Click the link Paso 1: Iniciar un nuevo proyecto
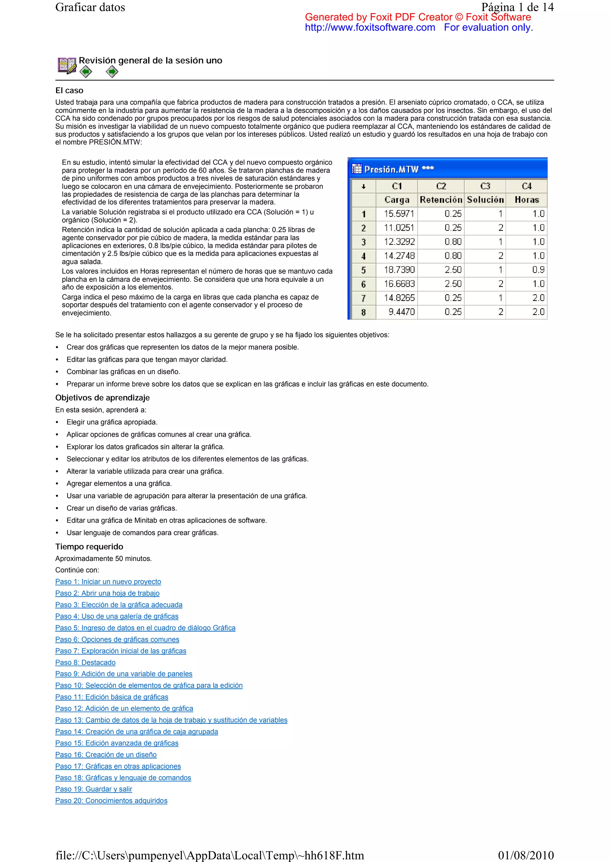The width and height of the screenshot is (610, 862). point(108,582)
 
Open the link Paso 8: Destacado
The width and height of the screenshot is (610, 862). point(85,662)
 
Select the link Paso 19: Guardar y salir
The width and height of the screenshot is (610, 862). point(94,789)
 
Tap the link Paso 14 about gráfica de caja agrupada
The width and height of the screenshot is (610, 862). point(136,731)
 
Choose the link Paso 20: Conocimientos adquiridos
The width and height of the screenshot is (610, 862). point(111,800)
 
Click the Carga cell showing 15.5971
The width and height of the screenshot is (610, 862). point(399,214)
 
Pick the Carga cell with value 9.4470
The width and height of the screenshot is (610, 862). point(401,312)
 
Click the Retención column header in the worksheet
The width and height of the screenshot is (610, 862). point(441,200)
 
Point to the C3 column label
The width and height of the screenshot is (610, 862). point(485,186)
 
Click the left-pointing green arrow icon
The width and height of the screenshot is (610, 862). point(86,72)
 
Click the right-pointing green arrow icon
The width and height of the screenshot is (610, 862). point(112,72)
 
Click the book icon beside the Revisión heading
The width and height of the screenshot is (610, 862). point(66,65)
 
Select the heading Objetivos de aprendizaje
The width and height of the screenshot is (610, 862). point(102,398)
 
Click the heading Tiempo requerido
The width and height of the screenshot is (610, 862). point(89,546)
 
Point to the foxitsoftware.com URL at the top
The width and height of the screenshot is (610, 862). point(370,27)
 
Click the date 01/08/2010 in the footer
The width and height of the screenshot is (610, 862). point(525,855)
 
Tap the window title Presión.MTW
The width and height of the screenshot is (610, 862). point(391,169)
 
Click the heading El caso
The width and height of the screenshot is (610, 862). point(69,90)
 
